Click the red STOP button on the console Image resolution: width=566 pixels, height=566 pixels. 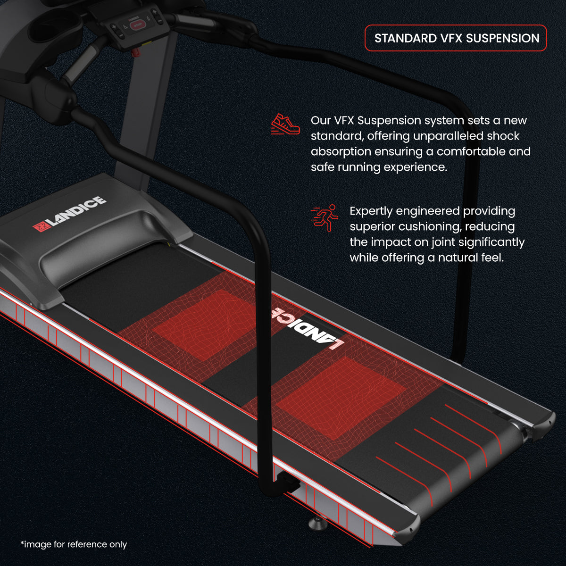coord(138,25)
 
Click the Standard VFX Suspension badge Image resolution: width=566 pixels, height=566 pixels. coord(456,38)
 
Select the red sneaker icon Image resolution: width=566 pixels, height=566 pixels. coord(285,124)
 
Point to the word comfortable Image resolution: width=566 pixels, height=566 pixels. coord(465,151)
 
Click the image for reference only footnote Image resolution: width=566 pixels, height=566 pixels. coord(74,544)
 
